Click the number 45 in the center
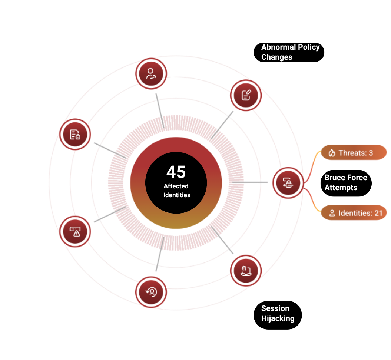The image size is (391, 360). pyautogui.click(x=176, y=172)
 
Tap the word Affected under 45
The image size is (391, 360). pyautogui.click(x=176, y=186)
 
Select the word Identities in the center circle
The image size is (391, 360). pyautogui.click(x=177, y=195)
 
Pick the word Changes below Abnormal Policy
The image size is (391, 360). pyautogui.click(x=276, y=57)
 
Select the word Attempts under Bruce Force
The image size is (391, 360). pyautogui.click(x=341, y=188)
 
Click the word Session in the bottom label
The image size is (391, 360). pyautogui.click(x=275, y=308)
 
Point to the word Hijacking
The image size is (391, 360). pyautogui.click(x=278, y=318)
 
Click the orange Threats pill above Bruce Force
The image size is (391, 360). pyautogui.click(x=350, y=152)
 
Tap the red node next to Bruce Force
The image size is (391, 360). pyautogui.click(x=288, y=182)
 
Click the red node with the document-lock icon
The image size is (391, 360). pyautogui.click(x=76, y=134)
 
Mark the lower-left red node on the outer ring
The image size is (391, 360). pyautogui.click(x=74, y=231)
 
